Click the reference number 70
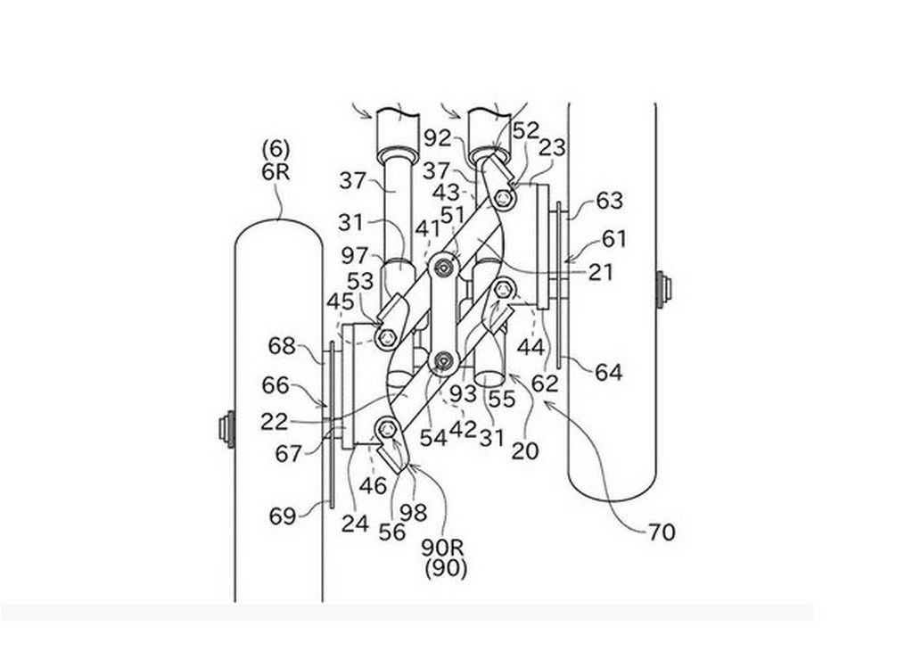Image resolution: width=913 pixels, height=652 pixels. tap(662, 532)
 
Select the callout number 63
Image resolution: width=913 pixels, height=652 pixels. tap(610, 201)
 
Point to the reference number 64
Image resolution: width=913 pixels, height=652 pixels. tap(608, 372)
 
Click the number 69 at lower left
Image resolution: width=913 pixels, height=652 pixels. tap(283, 516)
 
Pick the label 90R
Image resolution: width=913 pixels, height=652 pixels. tap(446, 548)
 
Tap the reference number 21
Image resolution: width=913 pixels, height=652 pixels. tap(600, 272)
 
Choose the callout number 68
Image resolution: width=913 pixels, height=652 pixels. tap(282, 346)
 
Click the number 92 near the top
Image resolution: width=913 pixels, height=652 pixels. tap(438, 138)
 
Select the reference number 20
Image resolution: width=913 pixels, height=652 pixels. tap(525, 450)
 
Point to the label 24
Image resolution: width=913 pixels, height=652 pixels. tap(355, 524)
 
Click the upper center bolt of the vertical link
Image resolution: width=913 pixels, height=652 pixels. tap(445, 268)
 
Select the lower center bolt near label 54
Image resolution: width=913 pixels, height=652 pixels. tap(444, 362)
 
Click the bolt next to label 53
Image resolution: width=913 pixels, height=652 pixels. tap(387, 337)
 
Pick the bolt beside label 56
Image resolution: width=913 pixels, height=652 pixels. tap(387, 430)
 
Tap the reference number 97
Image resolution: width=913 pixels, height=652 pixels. tap(355, 256)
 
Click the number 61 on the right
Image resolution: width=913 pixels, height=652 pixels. tap(614, 239)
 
